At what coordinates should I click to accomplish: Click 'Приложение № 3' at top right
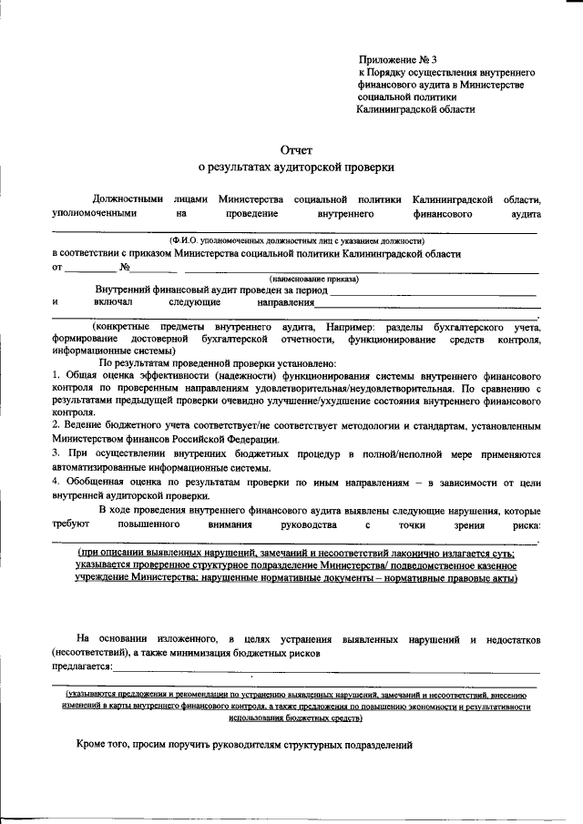[x=399, y=58]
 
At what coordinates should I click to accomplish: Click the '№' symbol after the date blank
[x=126, y=268]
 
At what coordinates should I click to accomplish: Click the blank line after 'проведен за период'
[x=433, y=290]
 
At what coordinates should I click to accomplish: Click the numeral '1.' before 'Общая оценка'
[x=56, y=375]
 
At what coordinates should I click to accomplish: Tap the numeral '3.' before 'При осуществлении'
[x=56, y=453]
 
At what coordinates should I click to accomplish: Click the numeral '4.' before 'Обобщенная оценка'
[x=56, y=481]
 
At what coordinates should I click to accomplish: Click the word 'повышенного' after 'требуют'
[x=146, y=525]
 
